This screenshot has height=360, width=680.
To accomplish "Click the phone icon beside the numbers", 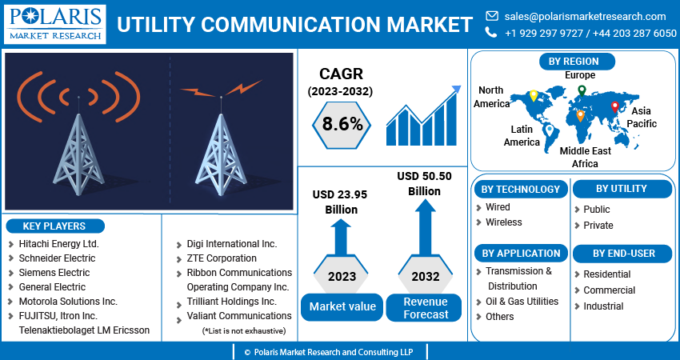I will [x=491, y=33].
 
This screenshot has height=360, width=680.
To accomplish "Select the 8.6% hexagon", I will [x=342, y=124].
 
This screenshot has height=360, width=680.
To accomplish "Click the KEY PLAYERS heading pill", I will [x=54, y=226].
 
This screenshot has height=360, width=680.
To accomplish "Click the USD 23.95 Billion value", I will [x=341, y=202].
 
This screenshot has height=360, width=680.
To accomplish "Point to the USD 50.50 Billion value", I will [x=425, y=184].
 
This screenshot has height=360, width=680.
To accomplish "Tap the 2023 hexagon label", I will [x=342, y=277].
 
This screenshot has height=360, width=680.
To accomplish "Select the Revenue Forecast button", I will [x=426, y=308].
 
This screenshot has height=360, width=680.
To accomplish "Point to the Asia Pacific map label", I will [x=642, y=118].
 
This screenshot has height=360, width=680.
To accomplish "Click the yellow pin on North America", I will [x=534, y=95].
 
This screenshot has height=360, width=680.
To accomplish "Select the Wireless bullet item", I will [x=504, y=222].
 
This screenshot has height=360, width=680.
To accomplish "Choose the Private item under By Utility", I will [x=598, y=226].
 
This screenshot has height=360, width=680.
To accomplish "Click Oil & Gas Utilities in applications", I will [x=522, y=302].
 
